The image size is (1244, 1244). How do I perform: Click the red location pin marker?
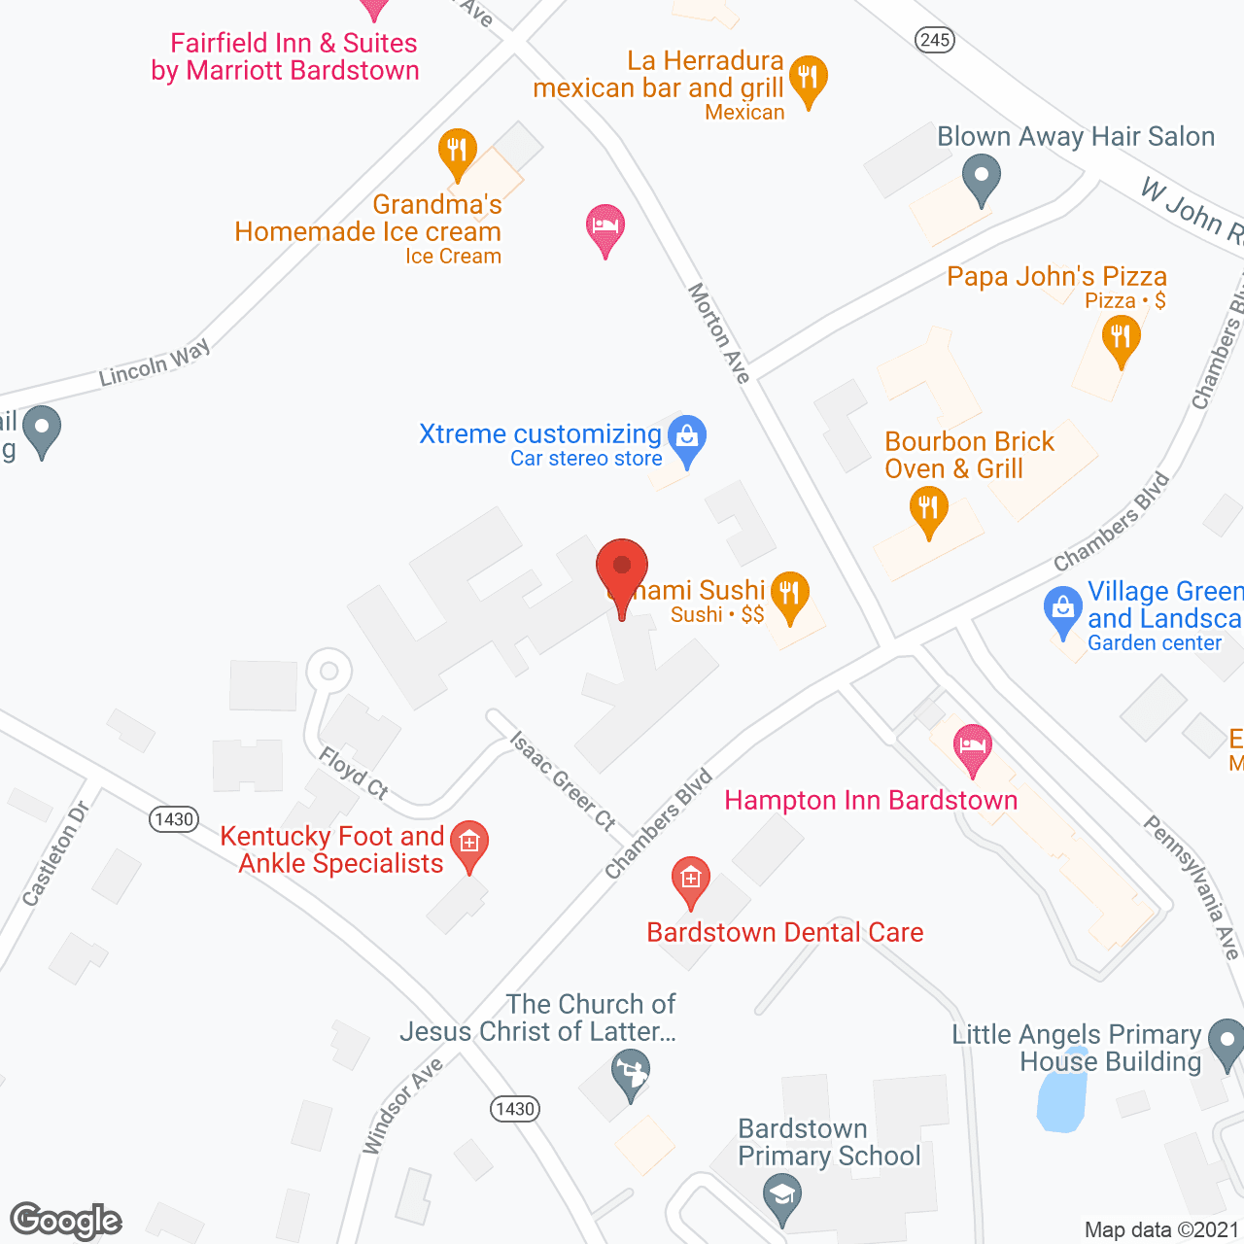click(621, 568)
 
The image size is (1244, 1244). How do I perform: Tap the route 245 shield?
click(934, 40)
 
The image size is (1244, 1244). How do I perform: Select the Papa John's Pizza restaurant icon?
click(1121, 339)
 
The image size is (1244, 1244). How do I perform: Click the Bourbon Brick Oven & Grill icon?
click(928, 508)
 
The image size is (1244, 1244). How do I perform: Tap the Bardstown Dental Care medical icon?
click(690, 880)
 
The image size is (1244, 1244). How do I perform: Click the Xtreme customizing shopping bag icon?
click(687, 438)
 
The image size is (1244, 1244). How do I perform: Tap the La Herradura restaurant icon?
click(808, 77)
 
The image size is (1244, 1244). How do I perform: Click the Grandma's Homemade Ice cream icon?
click(457, 152)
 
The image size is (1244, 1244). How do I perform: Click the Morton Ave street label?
click(719, 332)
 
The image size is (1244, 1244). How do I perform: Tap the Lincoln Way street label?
click(155, 363)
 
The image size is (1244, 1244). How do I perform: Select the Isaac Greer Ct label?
click(563, 781)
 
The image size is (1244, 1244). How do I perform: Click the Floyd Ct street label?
click(354, 773)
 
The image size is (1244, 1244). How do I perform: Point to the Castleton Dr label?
click(55, 853)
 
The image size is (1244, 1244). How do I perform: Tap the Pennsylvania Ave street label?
click(1192, 886)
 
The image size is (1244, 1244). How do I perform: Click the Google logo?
click(66, 1221)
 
